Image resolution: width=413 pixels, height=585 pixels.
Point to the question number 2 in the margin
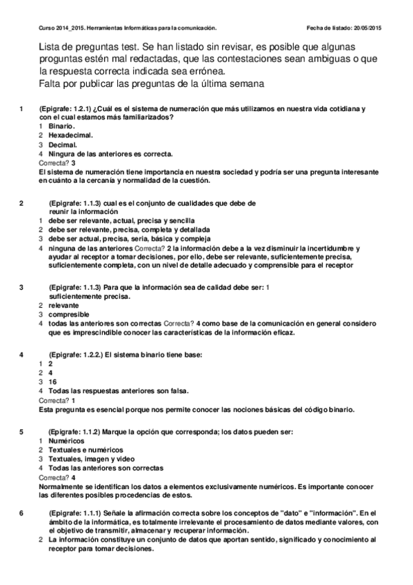point(23,203)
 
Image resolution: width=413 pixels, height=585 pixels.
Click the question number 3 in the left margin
point(23,287)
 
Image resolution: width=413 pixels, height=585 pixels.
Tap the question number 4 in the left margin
point(23,355)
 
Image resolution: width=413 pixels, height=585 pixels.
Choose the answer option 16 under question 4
point(52,381)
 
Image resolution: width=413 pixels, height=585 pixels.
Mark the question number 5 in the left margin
point(23,431)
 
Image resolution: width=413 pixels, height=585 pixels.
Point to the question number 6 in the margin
point(23,513)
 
